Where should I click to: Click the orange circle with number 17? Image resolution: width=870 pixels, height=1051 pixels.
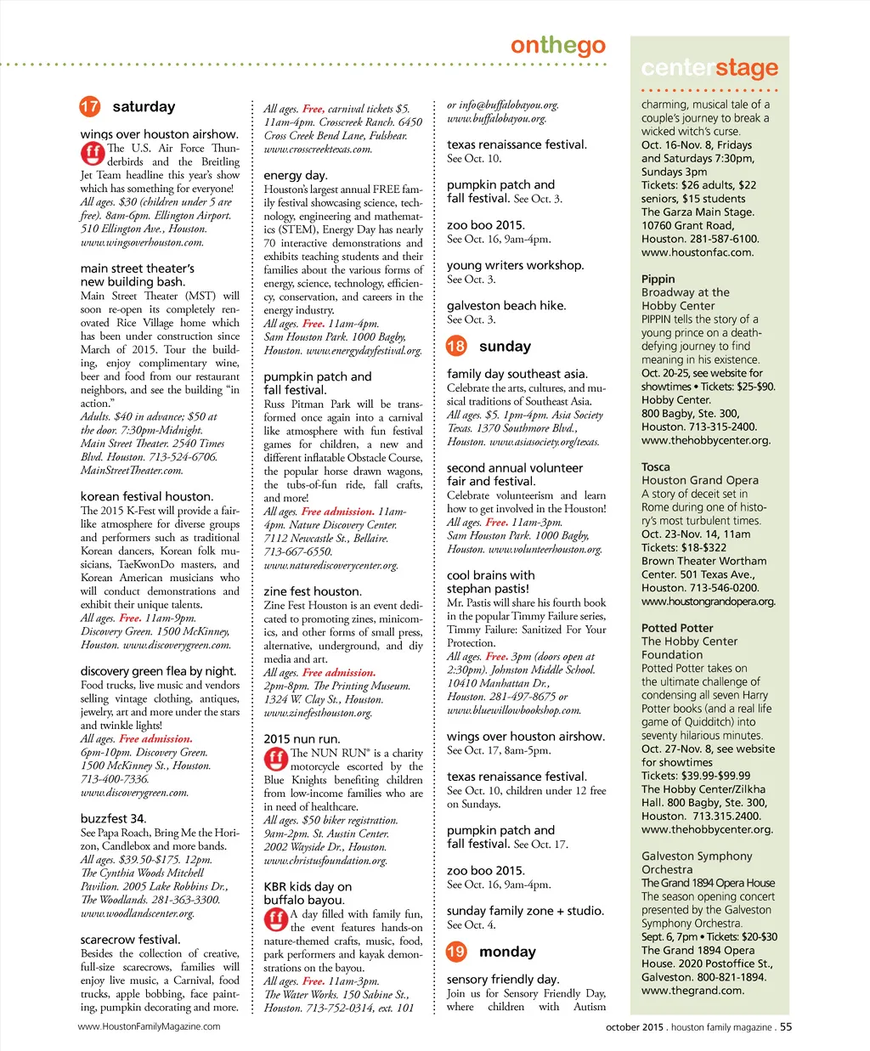pos(89,106)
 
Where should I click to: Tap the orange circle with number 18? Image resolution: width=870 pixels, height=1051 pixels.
pos(456,346)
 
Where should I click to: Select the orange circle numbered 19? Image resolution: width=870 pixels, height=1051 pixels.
pos(456,952)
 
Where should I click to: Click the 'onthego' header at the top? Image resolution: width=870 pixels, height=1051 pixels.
pos(557,46)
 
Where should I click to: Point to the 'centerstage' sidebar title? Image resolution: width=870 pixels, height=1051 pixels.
pos(709,67)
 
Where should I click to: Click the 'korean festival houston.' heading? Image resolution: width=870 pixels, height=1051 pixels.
pos(147,496)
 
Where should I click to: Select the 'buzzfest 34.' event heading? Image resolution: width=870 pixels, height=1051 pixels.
pos(113,819)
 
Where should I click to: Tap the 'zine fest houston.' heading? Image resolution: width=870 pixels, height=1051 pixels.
pos(313,591)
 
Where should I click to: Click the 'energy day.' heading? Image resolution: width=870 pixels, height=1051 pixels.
pos(296,175)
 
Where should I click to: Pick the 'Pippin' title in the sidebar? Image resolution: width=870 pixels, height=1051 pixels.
pos(658,279)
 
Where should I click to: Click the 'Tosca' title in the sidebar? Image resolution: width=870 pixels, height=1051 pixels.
pos(656,466)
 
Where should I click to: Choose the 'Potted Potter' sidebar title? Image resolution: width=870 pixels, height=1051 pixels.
pos(677,628)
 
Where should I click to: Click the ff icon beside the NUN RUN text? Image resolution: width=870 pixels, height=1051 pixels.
pos(276,759)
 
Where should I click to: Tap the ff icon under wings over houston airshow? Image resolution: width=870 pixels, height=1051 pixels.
pos(93,154)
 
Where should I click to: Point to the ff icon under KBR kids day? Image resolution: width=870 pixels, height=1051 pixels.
pos(276,920)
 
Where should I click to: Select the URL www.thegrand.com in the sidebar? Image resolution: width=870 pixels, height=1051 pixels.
pos(692,990)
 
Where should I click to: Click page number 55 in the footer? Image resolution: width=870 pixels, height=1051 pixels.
pos(786,1026)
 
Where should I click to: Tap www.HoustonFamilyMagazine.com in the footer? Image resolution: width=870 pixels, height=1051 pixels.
pos(149,1026)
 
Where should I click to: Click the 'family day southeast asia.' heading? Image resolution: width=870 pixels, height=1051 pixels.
pos(517,374)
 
